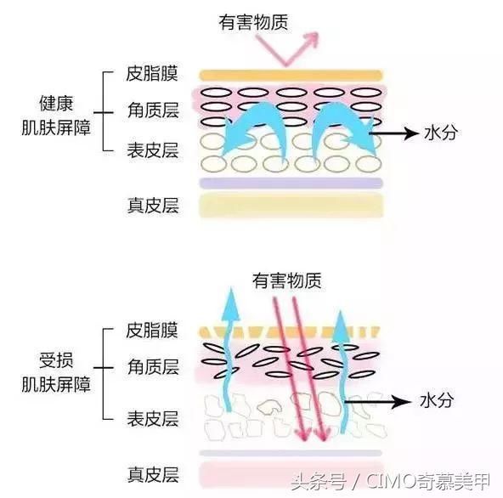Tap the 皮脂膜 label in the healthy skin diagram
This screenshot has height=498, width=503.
pyautogui.click(x=151, y=73)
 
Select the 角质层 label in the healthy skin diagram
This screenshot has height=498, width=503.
pyautogui.click(x=151, y=111)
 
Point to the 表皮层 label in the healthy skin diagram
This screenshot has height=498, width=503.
pyautogui.click(x=151, y=151)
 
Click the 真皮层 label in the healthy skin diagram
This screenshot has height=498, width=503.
pyautogui.click(x=151, y=206)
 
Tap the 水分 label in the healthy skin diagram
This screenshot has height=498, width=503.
pyautogui.click(x=440, y=133)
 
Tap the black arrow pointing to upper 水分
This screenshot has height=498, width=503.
pyautogui.click(x=394, y=133)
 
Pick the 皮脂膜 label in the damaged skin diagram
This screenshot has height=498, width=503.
pyautogui.click(x=151, y=330)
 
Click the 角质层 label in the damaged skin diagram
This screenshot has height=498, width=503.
pyautogui.click(x=151, y=367)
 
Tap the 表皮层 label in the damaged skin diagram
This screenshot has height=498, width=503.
pyautogui.click(x=151, y=417)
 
